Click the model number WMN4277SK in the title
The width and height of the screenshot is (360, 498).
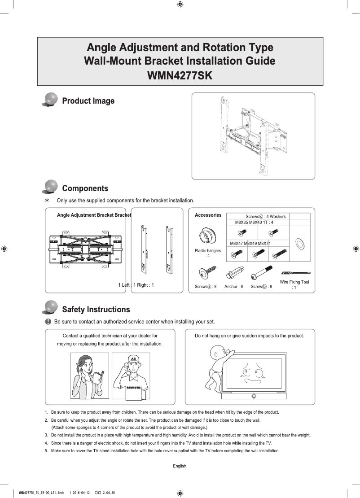(x=180, y=74)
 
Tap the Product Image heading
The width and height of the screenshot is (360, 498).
(x=88, y=101)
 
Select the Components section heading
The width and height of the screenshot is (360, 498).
(x=85, y=188)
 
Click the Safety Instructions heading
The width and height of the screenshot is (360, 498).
(x=96, y=310)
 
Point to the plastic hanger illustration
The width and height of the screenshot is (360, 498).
(x=207, y=236)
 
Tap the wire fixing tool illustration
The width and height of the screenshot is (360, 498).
(x=296, y=273)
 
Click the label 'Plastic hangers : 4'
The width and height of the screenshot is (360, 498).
(x=207, y=253)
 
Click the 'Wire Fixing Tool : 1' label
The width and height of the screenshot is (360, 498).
(x=294, y=284)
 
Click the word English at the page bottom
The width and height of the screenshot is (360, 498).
(x=180, y=466)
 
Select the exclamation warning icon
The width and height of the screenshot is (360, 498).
(x=48, y=322)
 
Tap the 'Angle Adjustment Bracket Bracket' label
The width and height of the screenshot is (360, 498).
(x=94, y=215)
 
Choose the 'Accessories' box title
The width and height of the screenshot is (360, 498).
(x=208, y=215)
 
